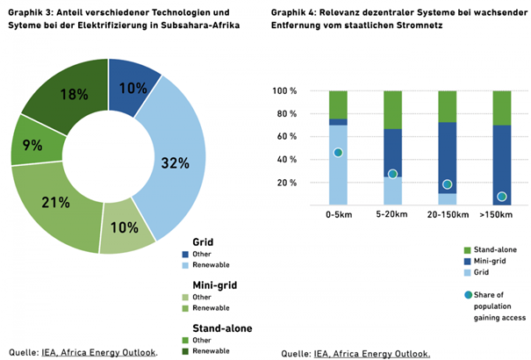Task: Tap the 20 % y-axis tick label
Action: pos(286,184)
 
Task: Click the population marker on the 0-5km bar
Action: pos(338,153)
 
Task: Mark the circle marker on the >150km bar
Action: pos(502,197)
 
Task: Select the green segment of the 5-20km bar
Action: pos(393,109)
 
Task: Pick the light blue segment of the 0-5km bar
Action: pos(338,176)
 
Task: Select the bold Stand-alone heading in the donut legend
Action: pos(224,328)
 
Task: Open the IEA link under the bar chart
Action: pos(321,353)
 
